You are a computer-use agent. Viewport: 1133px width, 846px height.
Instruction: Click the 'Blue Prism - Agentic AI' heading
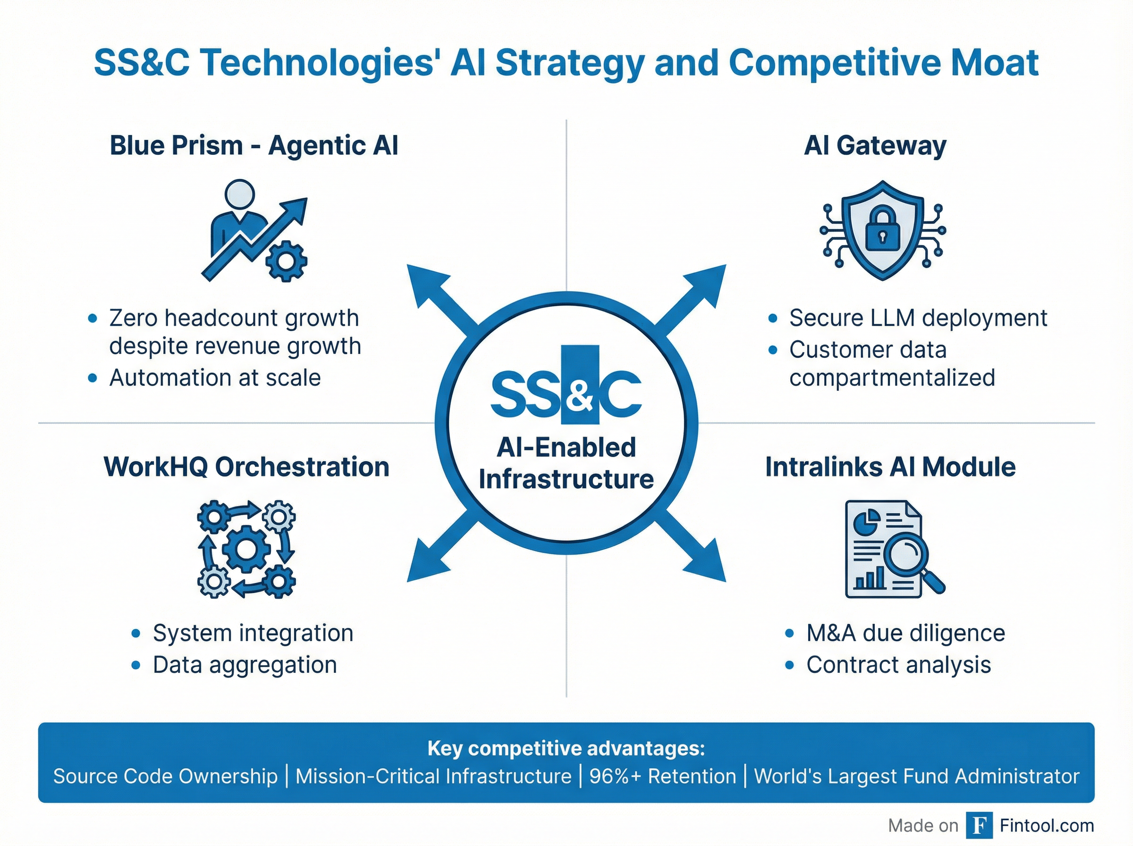[x=254, y=145]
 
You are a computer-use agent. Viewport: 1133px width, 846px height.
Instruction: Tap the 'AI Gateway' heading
[x=875, y=145]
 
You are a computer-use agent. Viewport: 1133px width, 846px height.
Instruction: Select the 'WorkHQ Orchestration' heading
[x=246, y=467]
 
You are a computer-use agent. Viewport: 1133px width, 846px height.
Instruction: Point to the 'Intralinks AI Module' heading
[x=890, y=467]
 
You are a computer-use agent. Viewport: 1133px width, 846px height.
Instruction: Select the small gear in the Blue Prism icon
[x=286, y=261]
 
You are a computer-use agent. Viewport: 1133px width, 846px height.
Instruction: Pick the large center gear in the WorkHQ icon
[x=246, y=549]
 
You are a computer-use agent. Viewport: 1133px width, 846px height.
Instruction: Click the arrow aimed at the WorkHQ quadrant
[x=435, y=553]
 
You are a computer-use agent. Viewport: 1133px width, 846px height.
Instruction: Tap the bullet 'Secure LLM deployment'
[x=917, y=318]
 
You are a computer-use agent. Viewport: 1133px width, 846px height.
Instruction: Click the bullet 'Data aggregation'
[x=245, y=665]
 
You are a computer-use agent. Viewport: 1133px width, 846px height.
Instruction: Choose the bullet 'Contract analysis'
[x=898, y=665]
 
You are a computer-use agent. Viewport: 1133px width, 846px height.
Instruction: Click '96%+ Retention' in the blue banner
[x=662, y=776]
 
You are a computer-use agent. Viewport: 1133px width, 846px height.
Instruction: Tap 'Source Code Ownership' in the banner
[x=165, y=776]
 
